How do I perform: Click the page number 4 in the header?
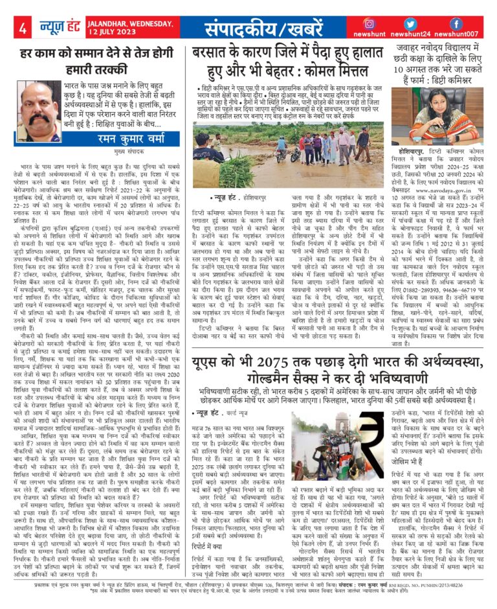pos(23,29)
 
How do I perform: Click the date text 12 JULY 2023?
pos(130,32)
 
